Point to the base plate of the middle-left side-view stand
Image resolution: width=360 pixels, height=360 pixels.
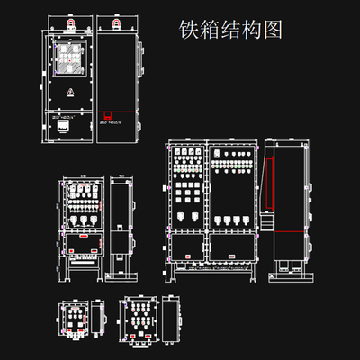[x=122, y=276]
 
